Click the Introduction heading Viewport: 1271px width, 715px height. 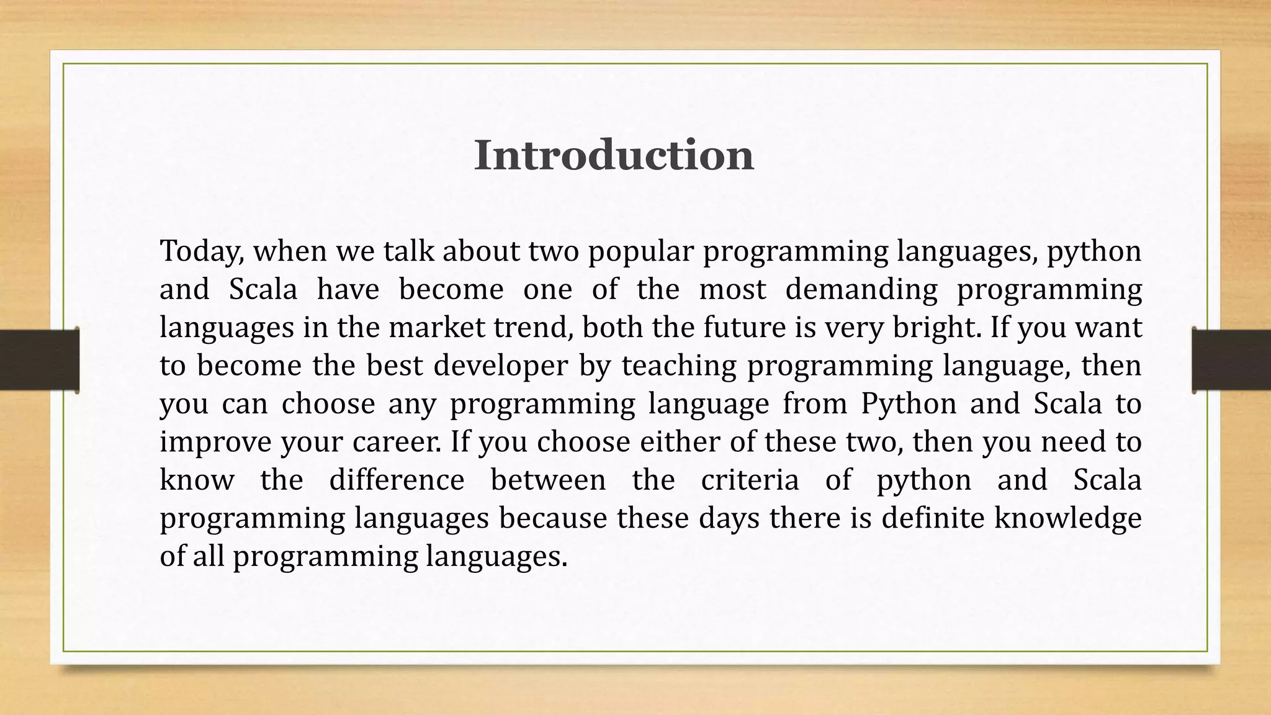pos(614,155)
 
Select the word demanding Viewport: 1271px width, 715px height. pos(861,289)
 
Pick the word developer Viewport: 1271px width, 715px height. pos(500,365)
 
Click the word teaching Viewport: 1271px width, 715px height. pos(678,365)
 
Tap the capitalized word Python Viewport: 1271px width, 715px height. pos(909,403)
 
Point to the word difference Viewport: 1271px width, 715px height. pos(397,480)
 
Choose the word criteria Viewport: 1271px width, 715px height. pos(750,480)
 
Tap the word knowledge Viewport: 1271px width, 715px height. pos(1067,518)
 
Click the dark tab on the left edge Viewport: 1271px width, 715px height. pos(39,360)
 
